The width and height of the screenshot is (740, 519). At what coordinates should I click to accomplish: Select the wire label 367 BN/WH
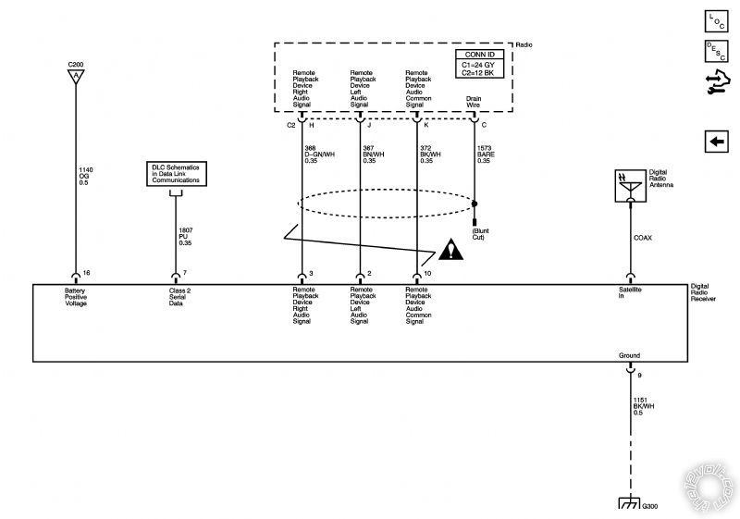[x=374, y=154]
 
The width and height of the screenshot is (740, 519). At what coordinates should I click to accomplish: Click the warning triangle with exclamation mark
[x=453, y=250]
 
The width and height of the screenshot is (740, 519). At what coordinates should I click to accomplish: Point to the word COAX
[x=643, y=238]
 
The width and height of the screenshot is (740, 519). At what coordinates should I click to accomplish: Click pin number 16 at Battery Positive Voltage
[x=85, y=274]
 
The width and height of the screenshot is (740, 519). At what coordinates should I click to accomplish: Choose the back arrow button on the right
[x=716, y=142]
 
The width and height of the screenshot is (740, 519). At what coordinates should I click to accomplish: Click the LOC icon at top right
[x=716, y=20]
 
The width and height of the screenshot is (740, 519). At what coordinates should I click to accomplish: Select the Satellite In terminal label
[x=631, y=293]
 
